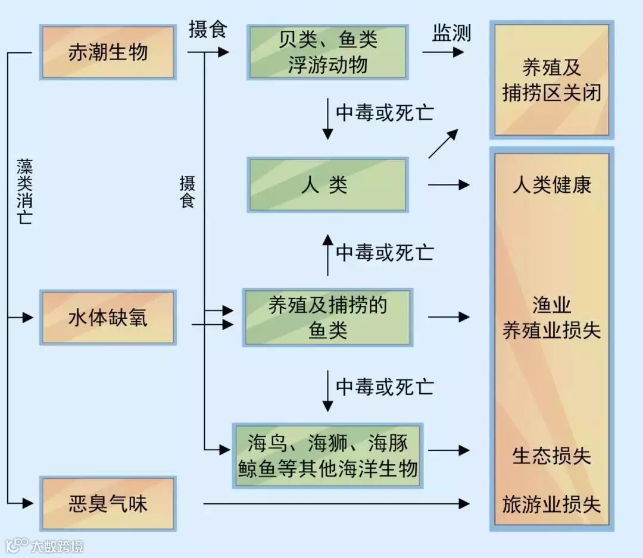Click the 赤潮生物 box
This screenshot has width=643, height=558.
pos(108,52)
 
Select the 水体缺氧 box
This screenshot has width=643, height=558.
pos(108,318)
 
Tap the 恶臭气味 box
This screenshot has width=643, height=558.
pos(108,504)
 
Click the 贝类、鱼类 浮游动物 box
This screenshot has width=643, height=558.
pos(327,52)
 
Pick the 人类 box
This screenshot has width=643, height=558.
pos(327,185)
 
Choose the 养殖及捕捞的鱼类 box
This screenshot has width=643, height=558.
pos(327,318)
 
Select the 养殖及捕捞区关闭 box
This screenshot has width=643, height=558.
pos(551,80)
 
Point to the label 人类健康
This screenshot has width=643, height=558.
pos(551,185)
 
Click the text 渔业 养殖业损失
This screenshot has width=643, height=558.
pos(551,318)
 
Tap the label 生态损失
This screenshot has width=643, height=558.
pos(551,456)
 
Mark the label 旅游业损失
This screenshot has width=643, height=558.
pos(551,504)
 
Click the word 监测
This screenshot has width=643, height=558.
pos(451,33)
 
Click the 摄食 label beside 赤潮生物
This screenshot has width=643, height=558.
pos(208,29)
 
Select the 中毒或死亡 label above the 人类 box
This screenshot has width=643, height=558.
pos(385,112)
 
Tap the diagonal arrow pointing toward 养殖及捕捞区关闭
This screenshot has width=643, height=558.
pos(443,143)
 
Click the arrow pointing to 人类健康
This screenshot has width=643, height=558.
pos(448,186)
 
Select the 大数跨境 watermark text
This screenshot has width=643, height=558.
pos(57,546)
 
